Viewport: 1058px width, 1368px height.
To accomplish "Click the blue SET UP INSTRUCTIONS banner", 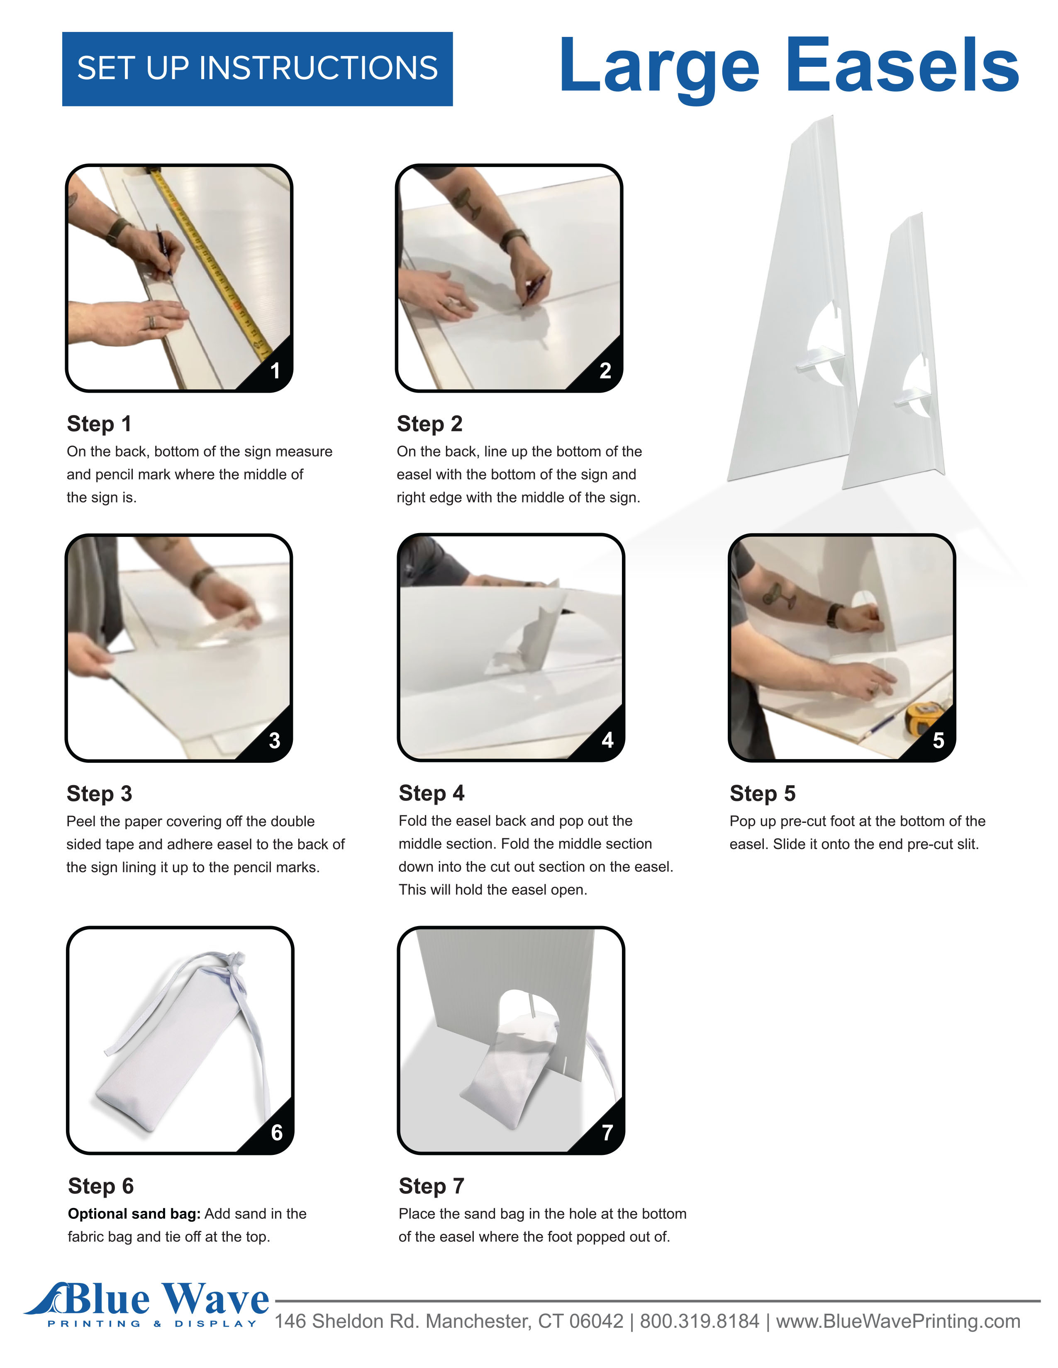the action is coord(257,69).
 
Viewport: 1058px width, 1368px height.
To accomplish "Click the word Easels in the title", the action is coord(902,66).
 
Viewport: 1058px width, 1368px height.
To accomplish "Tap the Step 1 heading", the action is coord(99,424).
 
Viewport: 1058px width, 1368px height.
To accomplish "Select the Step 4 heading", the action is coord(431,793).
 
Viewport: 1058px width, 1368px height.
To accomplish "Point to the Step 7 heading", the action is coord(431,1186).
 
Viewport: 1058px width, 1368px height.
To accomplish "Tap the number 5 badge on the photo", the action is coord(938,740).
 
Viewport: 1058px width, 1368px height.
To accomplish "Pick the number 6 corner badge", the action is coord(276,1133).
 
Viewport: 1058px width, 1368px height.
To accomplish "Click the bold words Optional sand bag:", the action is coord(134,1214).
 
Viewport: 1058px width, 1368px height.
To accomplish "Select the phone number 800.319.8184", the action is coord(700,1322).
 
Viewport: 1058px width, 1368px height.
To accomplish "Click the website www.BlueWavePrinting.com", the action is coord(898,1322).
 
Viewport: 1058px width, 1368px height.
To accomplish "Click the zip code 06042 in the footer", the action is coord(596,1322).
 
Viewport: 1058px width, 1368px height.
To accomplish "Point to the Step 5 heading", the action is coord(762,793).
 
